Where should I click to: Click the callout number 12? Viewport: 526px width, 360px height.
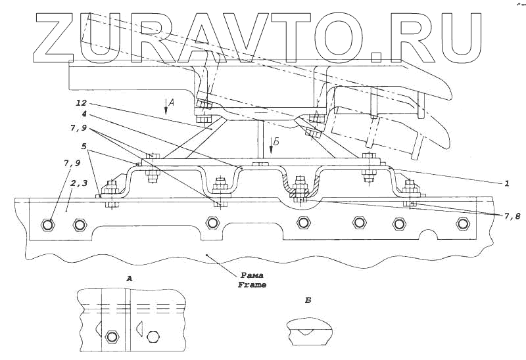(x=82, y=102)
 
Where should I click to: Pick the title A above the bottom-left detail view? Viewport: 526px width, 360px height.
(x=129, y=279)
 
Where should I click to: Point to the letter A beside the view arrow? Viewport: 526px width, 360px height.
(x=171, y=102)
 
